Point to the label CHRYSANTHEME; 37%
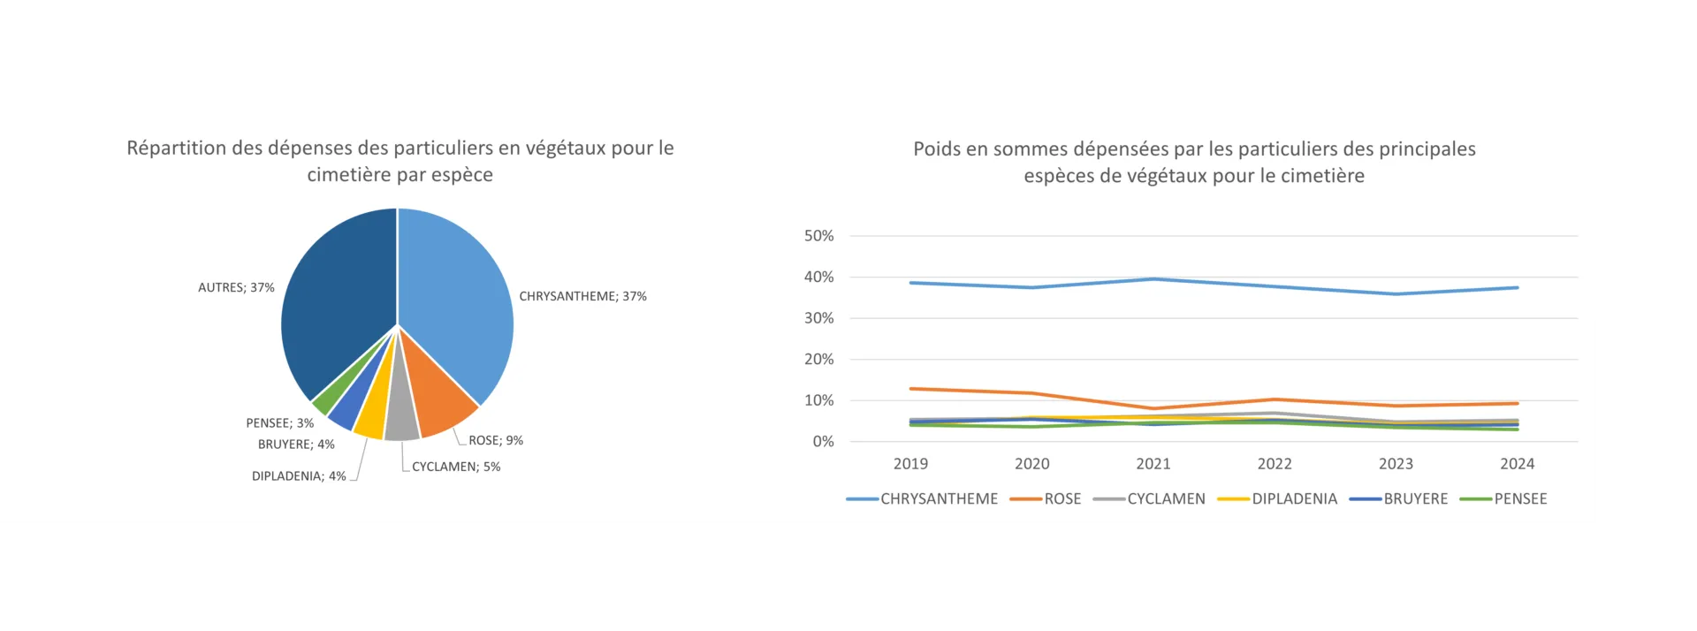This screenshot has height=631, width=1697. tap(582, 296)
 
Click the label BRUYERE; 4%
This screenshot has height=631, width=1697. tap(296, 445)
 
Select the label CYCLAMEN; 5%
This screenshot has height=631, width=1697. tap(456, 467)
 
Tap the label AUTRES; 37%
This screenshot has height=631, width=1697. tap(236, 287)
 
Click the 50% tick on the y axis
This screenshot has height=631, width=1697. tap(818, 236)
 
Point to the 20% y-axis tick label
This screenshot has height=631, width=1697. tap(818, 359)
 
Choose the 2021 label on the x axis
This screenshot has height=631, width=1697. tap(1153, 464)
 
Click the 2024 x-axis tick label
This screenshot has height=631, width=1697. tap(1517, 464)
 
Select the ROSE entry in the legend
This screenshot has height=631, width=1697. tap(1062, 499)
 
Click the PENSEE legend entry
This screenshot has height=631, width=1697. tap(1520, 499)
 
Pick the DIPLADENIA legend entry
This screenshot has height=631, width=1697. tap(1294, 499)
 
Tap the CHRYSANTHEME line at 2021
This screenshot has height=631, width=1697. tap(1153, 279)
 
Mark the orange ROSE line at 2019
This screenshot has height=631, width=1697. tap(911, 389)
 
